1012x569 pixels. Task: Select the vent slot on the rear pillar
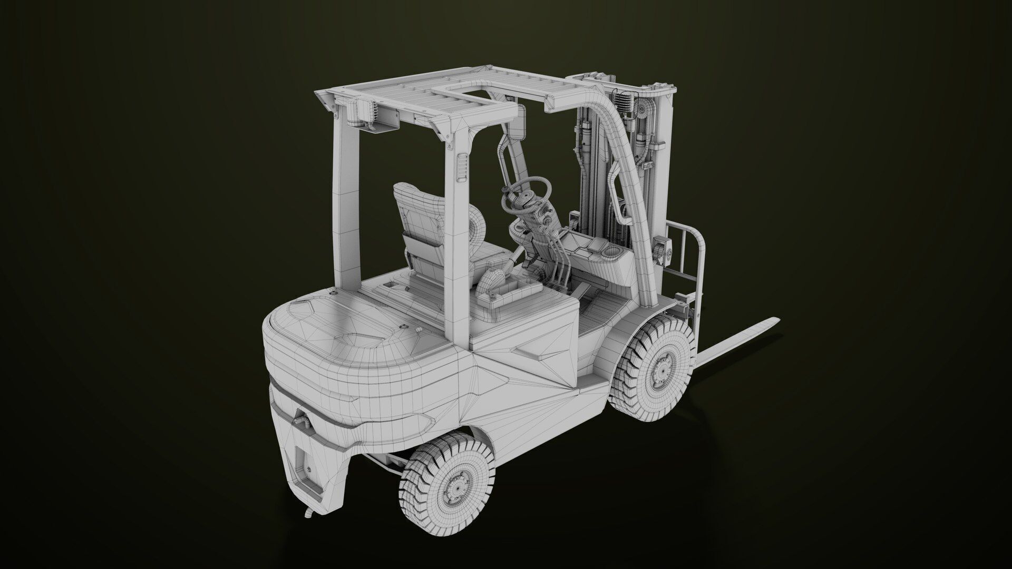point(462,168)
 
